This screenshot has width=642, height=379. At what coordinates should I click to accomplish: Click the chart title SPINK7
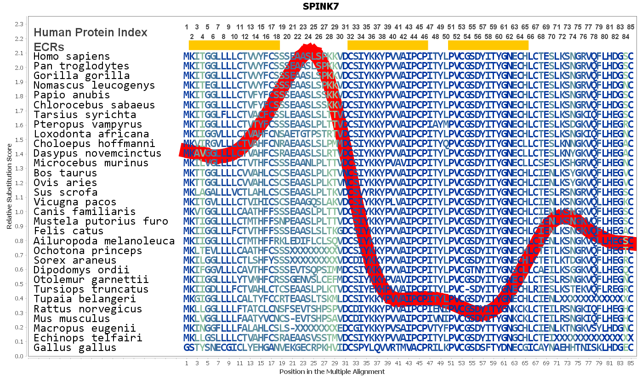coord(321,6)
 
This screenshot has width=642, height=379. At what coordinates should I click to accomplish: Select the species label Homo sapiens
coord(72,57)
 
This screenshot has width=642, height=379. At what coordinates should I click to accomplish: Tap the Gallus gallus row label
coord(75,348)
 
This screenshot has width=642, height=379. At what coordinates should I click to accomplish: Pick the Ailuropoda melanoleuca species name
coord(104,241)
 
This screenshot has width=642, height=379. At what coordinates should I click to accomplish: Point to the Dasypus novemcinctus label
coord(97,153)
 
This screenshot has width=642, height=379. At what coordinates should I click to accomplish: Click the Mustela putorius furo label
coord(101,221)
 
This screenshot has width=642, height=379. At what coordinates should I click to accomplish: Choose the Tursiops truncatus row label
coord(91,289)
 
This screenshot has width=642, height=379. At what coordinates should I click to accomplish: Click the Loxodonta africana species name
coord(91,134)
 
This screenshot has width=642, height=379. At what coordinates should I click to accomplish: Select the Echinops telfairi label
coord(88,338)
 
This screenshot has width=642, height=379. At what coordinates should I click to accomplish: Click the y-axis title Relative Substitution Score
coord(9,186)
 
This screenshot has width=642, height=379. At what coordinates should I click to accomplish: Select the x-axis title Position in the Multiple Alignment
coord(332,372)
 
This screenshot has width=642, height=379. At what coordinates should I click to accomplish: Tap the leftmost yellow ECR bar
coord(234,45)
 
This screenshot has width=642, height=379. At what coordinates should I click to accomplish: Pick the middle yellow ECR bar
coord(387,45)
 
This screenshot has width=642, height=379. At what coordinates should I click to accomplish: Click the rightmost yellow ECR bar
coord(488,45)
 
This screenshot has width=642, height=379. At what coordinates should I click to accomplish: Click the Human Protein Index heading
coord(91,33)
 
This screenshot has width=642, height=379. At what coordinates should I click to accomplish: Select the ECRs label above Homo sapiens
coord(49,47)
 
